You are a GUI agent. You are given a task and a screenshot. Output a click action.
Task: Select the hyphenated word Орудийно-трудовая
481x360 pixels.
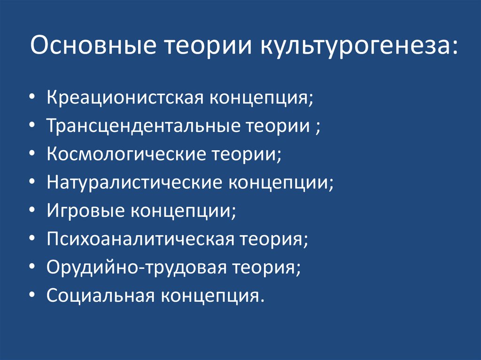[137, 267]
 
